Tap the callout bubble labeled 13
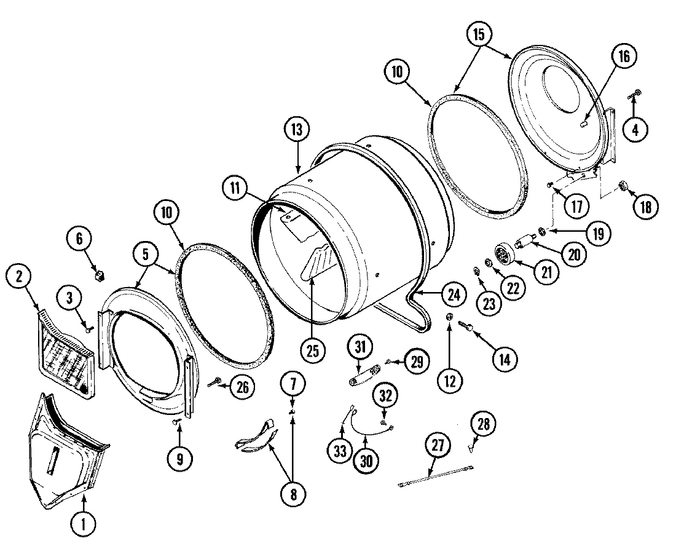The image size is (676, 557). coord(297,130)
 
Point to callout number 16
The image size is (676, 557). coord(624,57)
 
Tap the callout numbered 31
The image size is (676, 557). coord(360,347)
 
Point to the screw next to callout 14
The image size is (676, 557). coord(470,328)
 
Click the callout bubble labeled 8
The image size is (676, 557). coord(293,494)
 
